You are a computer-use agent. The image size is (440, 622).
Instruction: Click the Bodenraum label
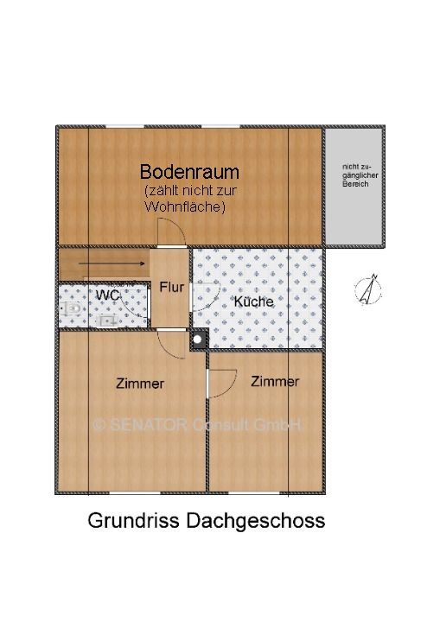point(189,172)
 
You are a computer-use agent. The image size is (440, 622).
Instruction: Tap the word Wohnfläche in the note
point(184,206)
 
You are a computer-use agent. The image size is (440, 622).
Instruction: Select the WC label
point(107,295)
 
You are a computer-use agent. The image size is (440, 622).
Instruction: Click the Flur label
point(171,287)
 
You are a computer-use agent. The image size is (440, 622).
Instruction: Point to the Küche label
point(253,301)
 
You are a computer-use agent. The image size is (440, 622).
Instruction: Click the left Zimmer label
point(140,384)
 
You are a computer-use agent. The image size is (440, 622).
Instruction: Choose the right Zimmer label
point(275,381)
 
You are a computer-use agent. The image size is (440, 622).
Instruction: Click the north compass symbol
point(369,289)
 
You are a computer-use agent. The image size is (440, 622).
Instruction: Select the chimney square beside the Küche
point(198,340)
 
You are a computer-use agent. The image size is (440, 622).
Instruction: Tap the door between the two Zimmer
point(220,381)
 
